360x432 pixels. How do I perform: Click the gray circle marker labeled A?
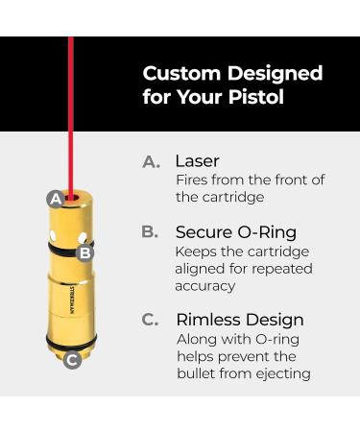tap(55, 199)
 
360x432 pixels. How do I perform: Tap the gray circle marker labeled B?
tap(84, 252)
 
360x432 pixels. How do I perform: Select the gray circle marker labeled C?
tap(71, 360)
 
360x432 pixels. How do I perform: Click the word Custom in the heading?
tap(179, 74)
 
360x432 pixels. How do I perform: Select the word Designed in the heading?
tap(272, 74)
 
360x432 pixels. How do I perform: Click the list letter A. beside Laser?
tap(151, 162)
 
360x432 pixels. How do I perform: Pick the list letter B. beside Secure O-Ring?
tap(151, 232)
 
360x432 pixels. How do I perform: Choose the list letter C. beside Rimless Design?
tap(151, 320)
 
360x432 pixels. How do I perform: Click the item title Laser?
tap(197, 161)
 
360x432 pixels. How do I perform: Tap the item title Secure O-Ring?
tap(236, 232)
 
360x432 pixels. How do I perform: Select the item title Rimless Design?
tap(239, 320)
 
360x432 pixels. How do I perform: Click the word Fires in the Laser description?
tap(193, 180)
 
